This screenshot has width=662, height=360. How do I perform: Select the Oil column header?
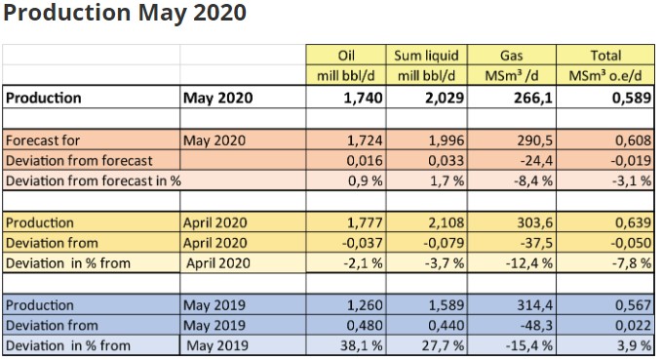point(348,56)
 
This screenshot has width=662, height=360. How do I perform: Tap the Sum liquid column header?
point(425,56)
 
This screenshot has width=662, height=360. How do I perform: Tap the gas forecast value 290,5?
point(537,140)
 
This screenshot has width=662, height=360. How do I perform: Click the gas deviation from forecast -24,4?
point(537,160)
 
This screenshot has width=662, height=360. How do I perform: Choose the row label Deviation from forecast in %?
point(94,180)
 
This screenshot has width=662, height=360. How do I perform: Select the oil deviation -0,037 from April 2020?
point(364,243)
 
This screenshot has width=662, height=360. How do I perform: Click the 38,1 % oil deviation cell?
point(364,345)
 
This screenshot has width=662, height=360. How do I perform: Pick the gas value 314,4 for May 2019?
point(537,305)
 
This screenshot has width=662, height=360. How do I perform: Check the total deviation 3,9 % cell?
point(635,345)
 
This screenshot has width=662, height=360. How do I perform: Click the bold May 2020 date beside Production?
point(218,98)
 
